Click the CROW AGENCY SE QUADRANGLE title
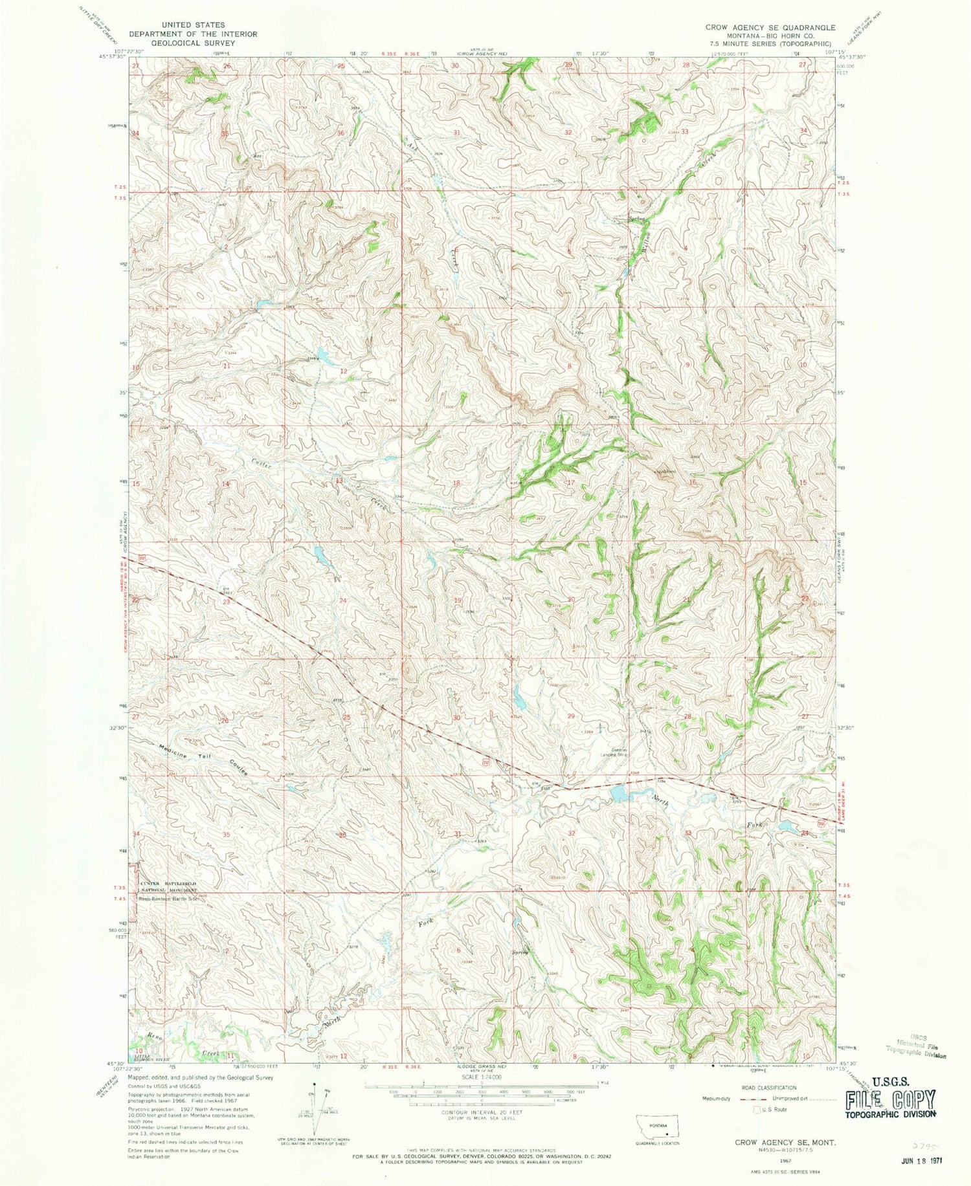point(770,28)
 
